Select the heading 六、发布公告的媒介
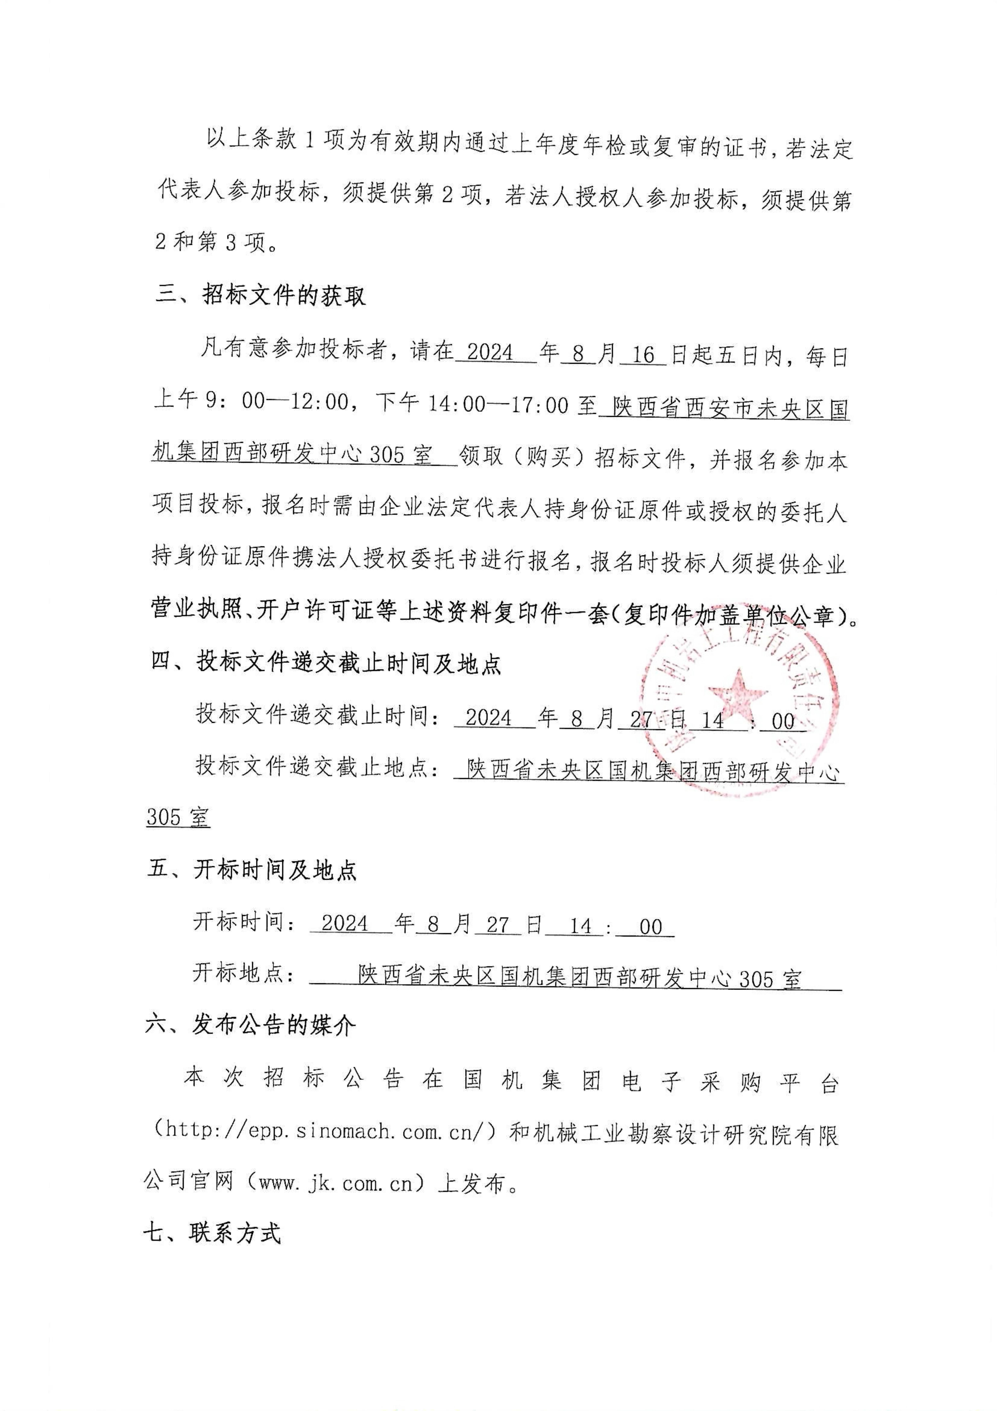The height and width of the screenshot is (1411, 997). [x=251, y=1025]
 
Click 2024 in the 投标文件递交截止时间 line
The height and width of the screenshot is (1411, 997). [x=489, y=718]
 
